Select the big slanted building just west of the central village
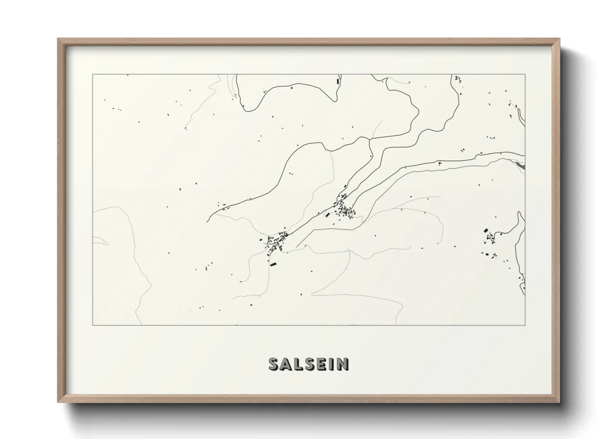(x=327, y=215)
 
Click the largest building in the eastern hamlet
(x=486, y=230)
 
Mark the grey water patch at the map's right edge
(x=521, y=166)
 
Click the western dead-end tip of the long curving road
(x=207, y=221)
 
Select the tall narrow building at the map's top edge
(x=338, y=82)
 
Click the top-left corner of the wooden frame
(x=58, y=39)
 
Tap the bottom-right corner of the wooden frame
(x=559, y=402)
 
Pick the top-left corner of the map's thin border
(x=93, y=75)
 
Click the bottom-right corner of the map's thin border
(x=525, y=325)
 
